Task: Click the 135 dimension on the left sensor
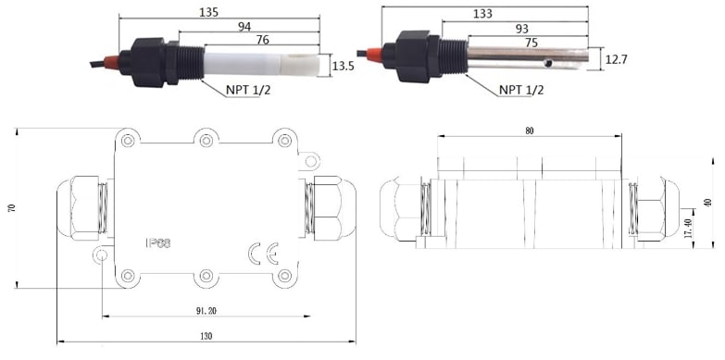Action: pos(207,13)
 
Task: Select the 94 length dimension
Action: pos(244,28)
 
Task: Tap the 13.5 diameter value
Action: pos(344,67)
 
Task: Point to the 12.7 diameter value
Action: pos(616,60)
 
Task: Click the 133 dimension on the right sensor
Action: pos(482,14)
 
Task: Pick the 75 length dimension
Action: pos(531,42)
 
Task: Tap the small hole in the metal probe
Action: pos(547,65)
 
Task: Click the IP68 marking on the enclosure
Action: pos(158,243)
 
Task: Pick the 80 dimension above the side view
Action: pos(529,130)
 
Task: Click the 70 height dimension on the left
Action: pos(12,209)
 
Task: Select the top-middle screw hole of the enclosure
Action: pos(206,140)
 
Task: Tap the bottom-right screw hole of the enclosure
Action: pos(283,275)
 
